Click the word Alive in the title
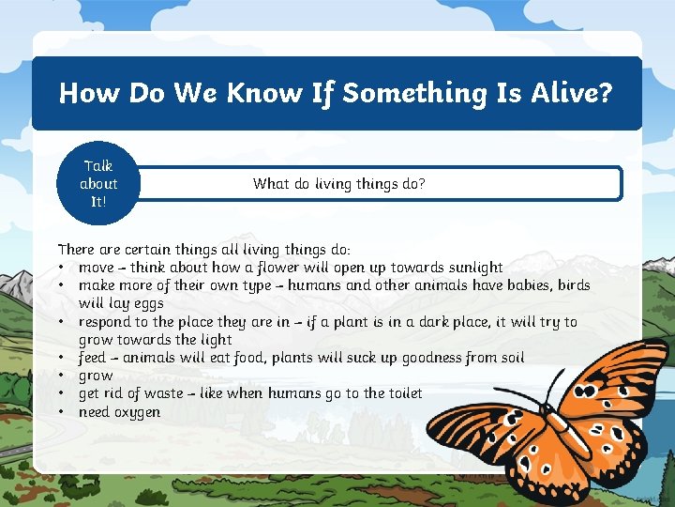coord(561,93)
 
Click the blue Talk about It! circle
coord(98,184)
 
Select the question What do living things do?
coord(338,184)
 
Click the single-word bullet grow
coord(96,376)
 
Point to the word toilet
coord(399,393)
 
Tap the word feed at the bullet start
coord(92,358)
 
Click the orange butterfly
coord(544,413)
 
